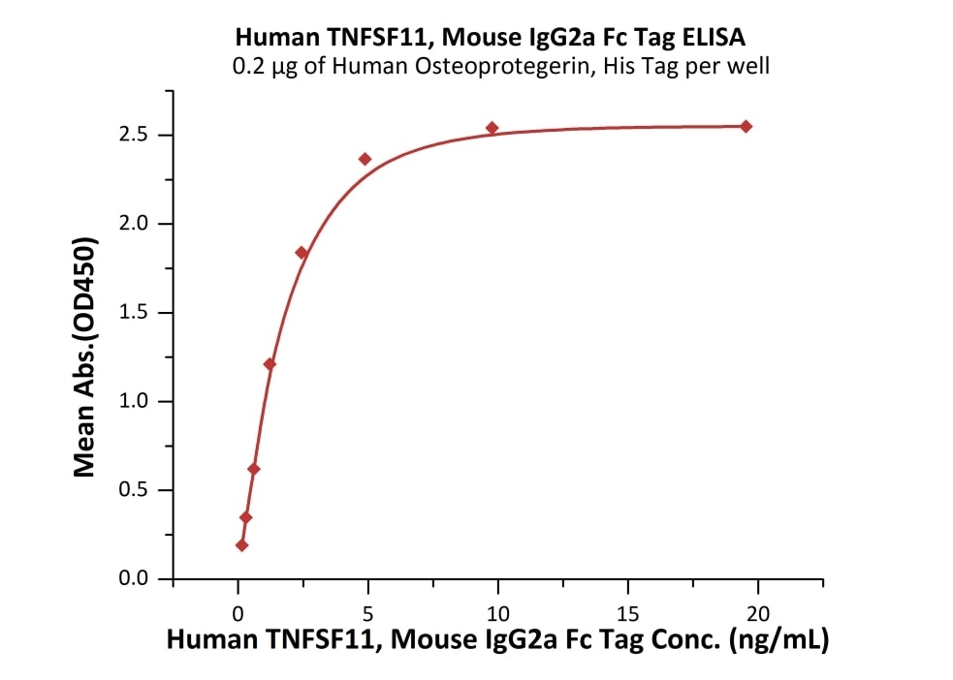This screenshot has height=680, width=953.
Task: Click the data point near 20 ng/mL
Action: (x=746, y=126)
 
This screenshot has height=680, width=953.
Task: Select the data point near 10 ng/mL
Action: (x=492, y=128)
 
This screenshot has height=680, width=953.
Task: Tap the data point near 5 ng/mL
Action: (x=365, y=159)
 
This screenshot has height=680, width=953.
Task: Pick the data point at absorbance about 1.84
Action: (x=302, y=253)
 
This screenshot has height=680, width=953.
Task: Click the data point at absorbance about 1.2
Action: (x=270, y=364)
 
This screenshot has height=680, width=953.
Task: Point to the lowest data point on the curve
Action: (x=241, y=545)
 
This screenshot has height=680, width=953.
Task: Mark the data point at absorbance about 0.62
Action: (x=254, y=469)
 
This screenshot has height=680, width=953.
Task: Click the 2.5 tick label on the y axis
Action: (x=140, y=135)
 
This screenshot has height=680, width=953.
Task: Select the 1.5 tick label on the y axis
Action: (x=140, y=313)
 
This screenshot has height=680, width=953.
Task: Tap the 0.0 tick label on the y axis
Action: (x=140, y=579)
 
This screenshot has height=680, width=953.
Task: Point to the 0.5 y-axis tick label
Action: (x=140, y=490)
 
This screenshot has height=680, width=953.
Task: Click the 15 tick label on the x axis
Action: (x=627, y=613)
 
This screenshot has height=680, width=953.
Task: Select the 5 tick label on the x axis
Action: (x=367, y=613)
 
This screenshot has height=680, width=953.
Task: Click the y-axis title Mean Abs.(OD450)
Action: (x=85, y=357)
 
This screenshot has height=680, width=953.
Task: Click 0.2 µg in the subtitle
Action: (x=262, y=67)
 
